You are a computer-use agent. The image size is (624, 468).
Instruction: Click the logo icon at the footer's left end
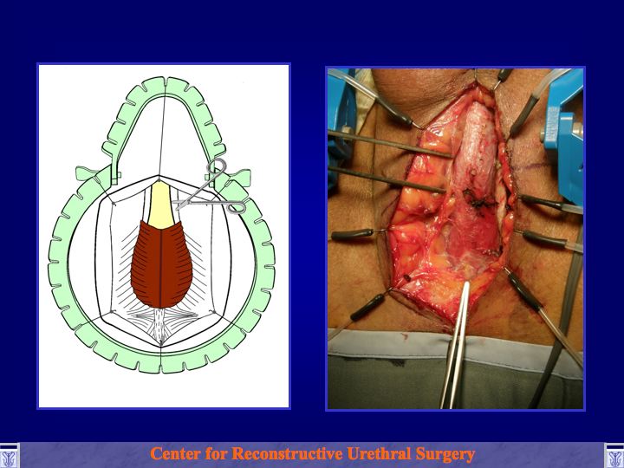[10, 455]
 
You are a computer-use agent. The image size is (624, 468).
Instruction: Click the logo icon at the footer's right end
[614, 455]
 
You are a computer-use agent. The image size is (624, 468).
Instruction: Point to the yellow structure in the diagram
[160, 205]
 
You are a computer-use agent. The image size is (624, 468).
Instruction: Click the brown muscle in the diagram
[161, 264]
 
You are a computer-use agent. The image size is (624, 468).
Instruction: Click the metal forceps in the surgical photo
[456, 344]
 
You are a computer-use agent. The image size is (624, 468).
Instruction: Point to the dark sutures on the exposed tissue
[479, 199]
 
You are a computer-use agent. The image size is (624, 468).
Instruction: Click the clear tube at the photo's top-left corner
[350, 84]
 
